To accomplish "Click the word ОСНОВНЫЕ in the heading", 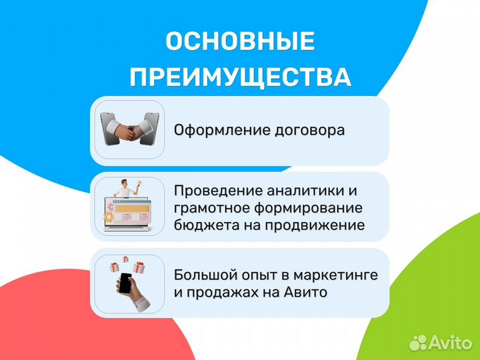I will click(240, 42).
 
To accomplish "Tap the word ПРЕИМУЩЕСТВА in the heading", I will click(240, 77).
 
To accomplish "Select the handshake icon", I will click(129, 129).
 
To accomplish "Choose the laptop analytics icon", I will click(129, 206).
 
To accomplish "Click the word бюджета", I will click(199, 225).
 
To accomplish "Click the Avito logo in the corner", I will click(441, 342).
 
